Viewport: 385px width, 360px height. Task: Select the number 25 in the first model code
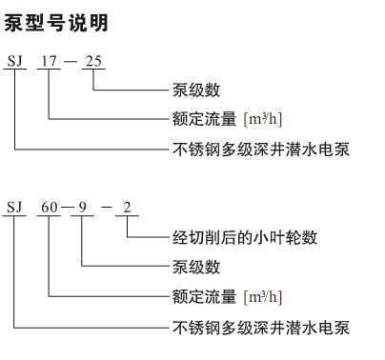pos(95,64)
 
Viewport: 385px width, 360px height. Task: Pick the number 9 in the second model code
pos(82,206)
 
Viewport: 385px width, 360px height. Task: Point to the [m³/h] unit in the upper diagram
pos(263,119)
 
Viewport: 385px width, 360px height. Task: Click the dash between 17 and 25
pos(71,65)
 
